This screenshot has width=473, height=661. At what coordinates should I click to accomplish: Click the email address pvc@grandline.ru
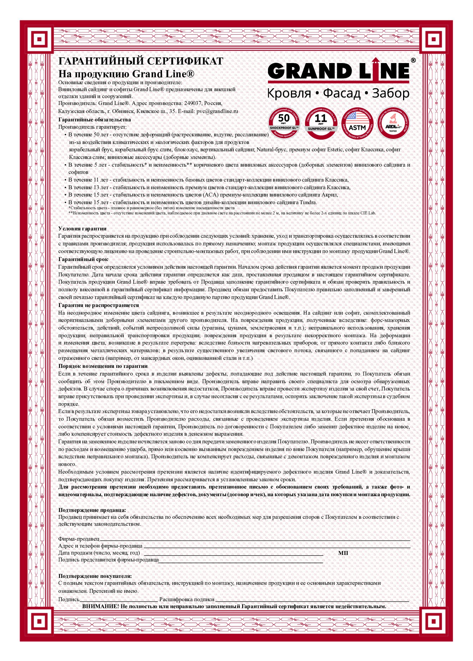(217, 111)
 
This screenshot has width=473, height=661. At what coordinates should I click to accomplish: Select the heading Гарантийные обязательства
(94, 120)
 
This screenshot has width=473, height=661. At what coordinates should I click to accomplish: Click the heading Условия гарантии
(82, 229)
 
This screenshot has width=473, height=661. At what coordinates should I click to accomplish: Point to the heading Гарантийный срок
(83, 259)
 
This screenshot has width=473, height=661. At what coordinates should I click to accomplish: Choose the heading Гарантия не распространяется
(99, 305)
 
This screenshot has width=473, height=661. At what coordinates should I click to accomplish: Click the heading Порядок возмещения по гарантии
(103, 366)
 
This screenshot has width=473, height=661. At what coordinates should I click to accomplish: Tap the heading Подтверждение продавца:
(92, 510)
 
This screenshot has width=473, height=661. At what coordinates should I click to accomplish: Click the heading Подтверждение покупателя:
(95, 576)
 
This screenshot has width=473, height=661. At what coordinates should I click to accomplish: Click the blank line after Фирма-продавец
(255, 539)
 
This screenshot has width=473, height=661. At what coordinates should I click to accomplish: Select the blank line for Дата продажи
(233, 553)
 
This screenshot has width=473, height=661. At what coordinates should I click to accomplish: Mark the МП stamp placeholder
(343, 553)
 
